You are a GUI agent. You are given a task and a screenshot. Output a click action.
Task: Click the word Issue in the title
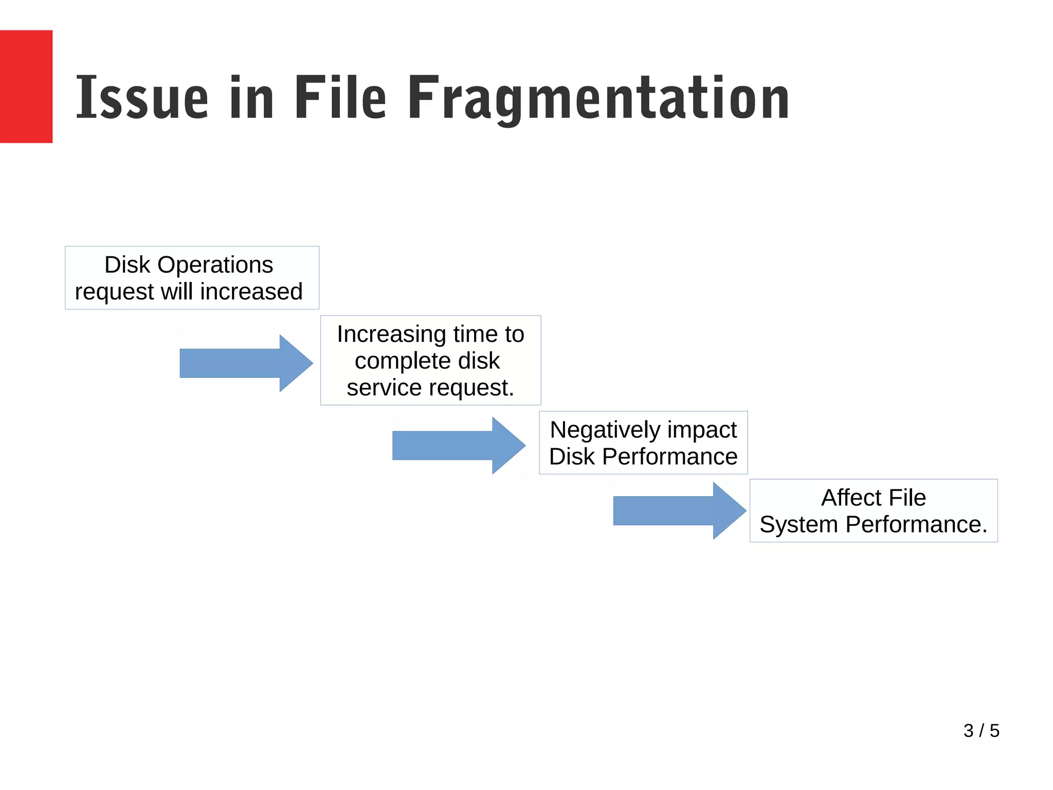142,98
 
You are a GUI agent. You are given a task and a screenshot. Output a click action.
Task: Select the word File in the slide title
340,98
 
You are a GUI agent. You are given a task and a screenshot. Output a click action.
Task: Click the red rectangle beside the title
26,86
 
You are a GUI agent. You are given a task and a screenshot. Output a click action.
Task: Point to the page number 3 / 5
981,730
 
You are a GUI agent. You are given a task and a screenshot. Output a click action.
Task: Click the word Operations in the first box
215,265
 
